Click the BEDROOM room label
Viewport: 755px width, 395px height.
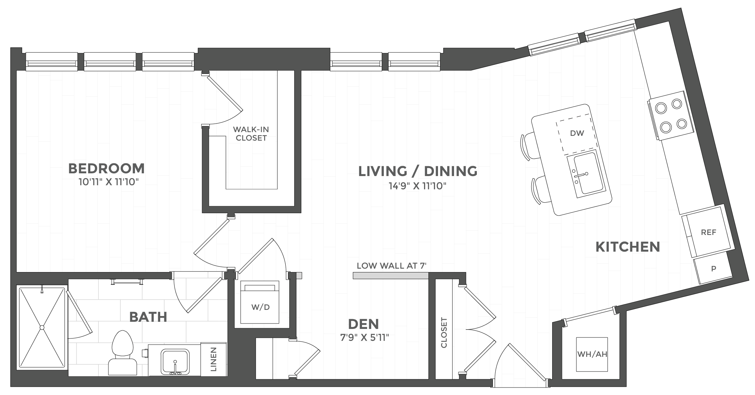click(x=106, y=169)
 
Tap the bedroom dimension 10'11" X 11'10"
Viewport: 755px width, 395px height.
click(x=109, y=183)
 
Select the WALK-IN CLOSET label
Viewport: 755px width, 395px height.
click(x=251, y=133)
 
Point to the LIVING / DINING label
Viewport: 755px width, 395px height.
click(x=418, y=171)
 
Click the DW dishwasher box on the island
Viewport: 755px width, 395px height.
click(x=577, y=133)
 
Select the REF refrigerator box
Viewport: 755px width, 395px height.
click(x=708, y=233)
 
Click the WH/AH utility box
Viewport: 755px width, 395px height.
click(x=592, y=354)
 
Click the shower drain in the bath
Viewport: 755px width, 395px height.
click(x=42, y=327)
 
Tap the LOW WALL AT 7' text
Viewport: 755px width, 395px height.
click(x=392, y=266)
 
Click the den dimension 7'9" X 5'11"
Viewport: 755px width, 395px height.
click(x=364, y=338)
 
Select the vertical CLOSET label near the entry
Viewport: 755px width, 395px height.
click(x=444, y=333)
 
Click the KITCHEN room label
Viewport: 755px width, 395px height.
click(x=628, y=247)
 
